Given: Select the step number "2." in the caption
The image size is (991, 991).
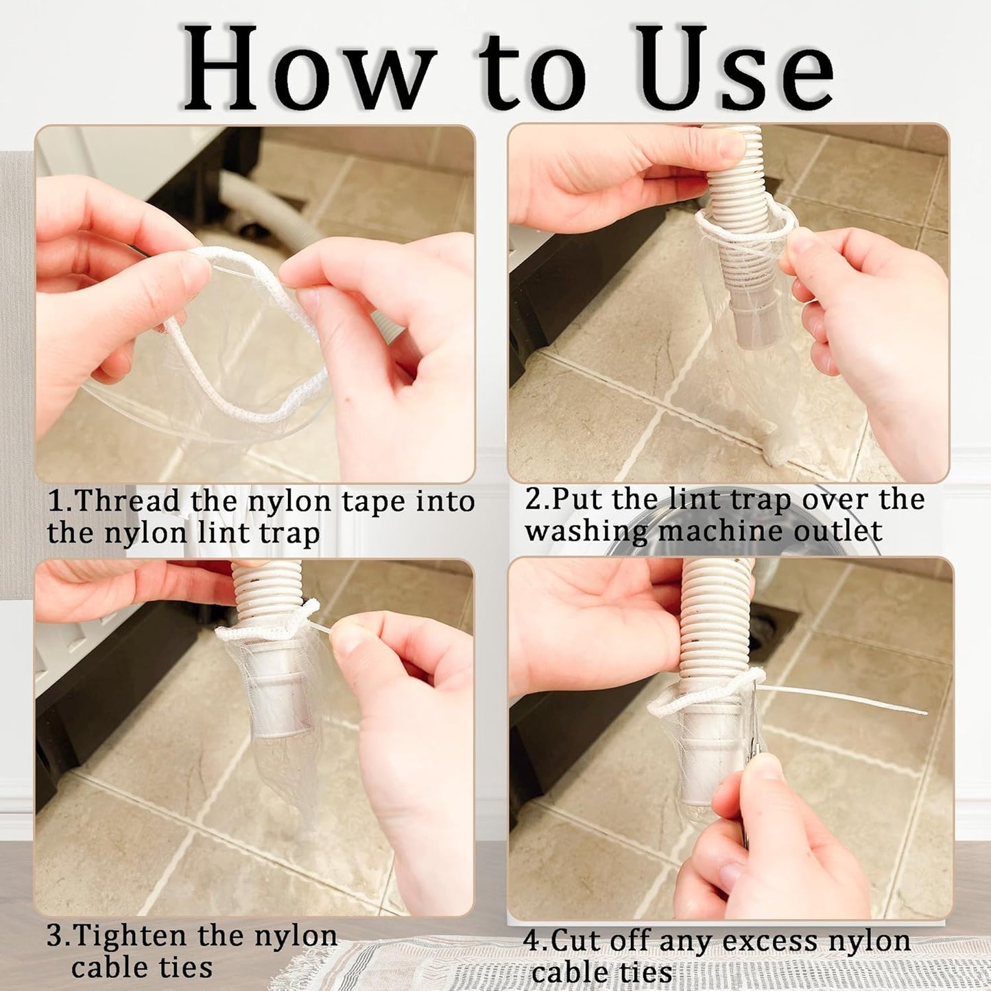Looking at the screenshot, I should coord(537,499).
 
